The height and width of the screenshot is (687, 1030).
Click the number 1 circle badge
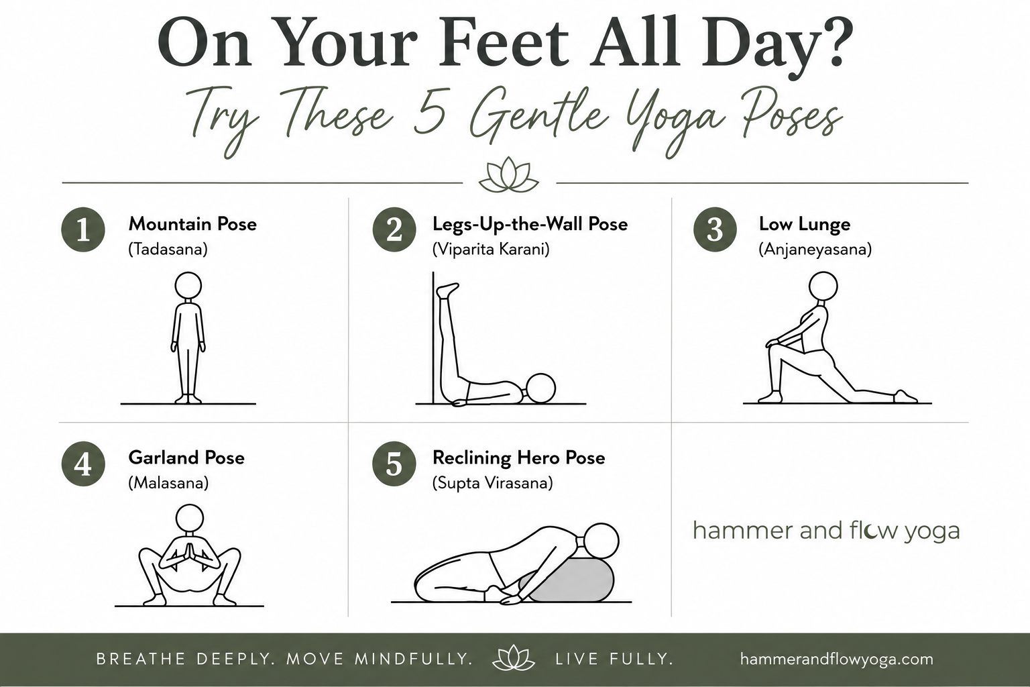pyautogui.click(x=83, y=229)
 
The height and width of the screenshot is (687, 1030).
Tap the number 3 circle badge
pyautogui.click(x=715, y=229)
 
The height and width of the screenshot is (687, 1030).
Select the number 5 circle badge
pyautogui.click(x=394, y=464)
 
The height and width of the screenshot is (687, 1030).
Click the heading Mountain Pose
pyautogui.click(x=192, y=224)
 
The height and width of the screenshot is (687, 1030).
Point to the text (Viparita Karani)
pyautogui.click(x=491, y=250)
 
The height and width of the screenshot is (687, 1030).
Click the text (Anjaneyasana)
pyautogui.click(x=815, y=250)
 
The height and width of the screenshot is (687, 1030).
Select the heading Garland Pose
pyautogui.click(x=186, y=458)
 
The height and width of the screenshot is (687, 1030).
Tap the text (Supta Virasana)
pyautogui.click(x=492, y=483)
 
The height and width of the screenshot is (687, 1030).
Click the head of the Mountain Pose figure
pyautogui.click(x=188, y=285)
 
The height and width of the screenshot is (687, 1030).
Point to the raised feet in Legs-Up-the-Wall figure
pyautogui.click(x=447, y=290)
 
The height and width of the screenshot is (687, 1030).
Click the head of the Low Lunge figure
pyautogui.click(x=823, y=286)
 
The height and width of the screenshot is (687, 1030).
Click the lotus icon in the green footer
pyautogui.click(x=514, y=658)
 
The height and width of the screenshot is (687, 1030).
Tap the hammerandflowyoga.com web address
pyautogui.click(x=837, y=659)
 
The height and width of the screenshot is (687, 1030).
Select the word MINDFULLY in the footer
pyautogui.click(x=414, y=659)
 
